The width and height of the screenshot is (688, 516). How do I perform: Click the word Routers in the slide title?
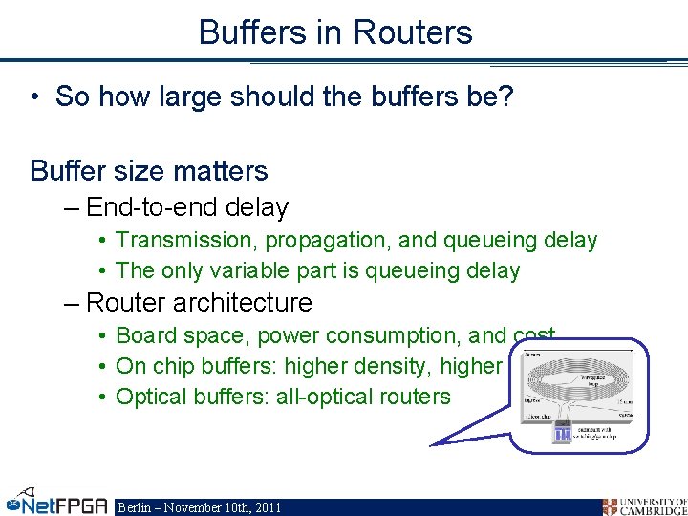[412, 32]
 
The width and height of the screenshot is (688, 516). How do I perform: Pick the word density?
[391, 366]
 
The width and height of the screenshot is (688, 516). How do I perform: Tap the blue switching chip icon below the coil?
[562, 433]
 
